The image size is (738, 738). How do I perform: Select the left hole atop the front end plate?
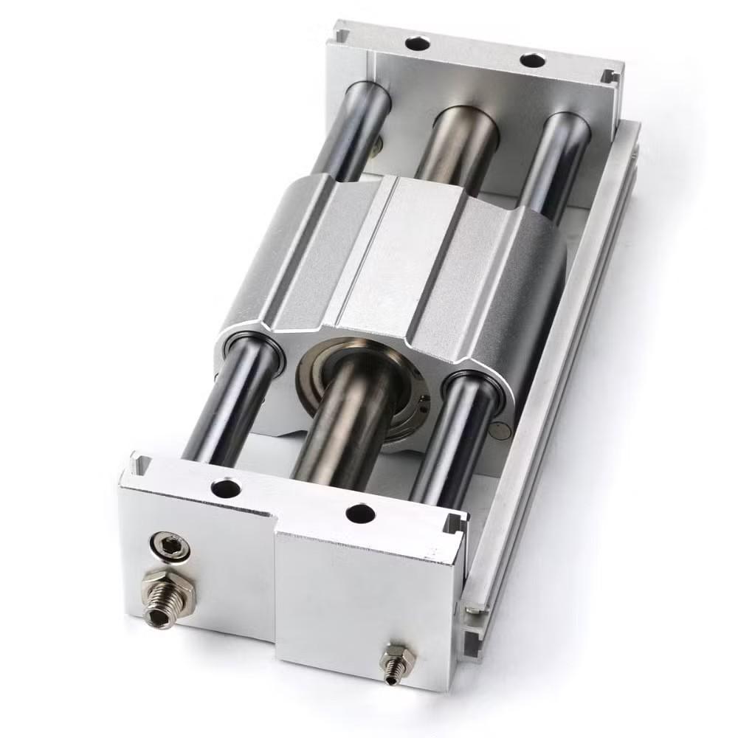(x=224, y=488)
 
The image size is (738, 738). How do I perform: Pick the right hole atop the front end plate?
(x=359, y=514)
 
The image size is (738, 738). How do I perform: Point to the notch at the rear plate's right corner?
(x=608, y=77)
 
